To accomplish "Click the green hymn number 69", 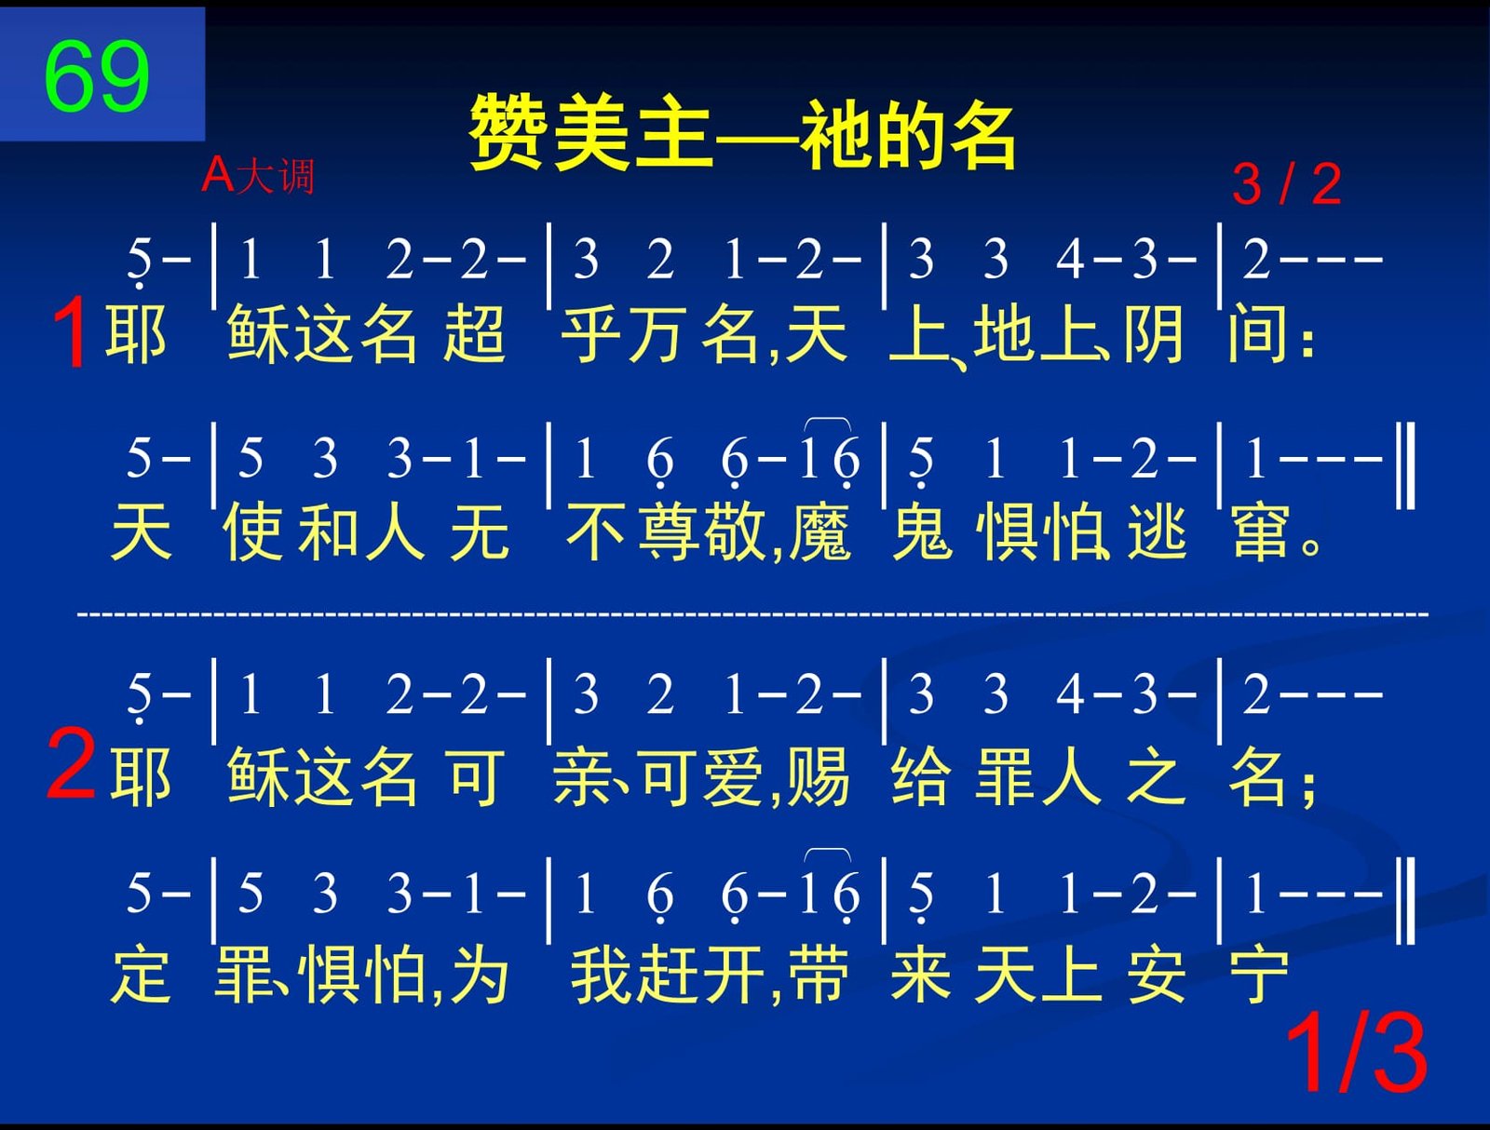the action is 97,75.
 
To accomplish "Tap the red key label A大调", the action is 258,176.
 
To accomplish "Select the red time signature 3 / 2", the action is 1286,183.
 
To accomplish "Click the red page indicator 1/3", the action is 1356,1053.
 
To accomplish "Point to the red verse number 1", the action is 72,332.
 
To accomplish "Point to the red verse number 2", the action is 71,764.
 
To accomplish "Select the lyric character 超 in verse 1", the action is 475,333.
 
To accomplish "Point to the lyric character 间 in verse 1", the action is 1257,333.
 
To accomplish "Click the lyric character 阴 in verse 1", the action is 1154,333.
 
